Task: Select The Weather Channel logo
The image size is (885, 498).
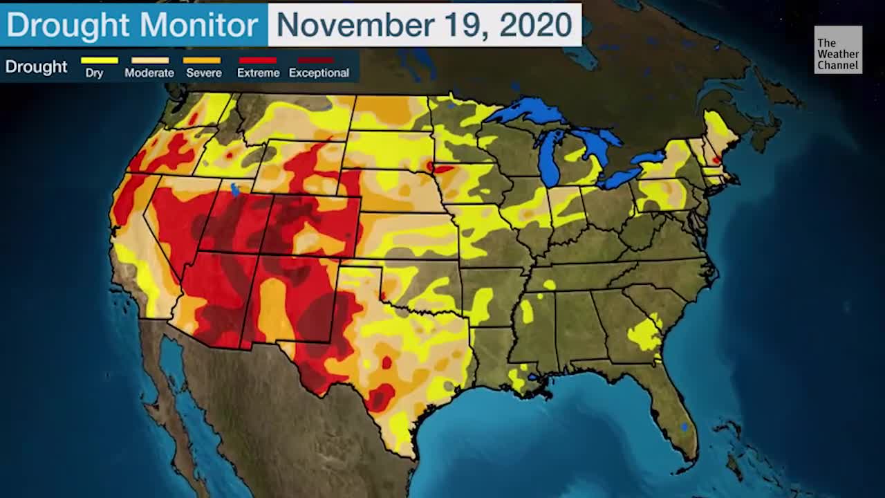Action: pos(838,50)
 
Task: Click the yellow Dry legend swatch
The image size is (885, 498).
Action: pos(100,61)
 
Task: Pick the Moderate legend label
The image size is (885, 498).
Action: pos(149,73)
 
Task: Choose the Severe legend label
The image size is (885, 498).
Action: pos(203,73)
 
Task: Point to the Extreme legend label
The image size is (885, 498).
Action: pos(258,73)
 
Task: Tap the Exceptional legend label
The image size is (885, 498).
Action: pos(319,73)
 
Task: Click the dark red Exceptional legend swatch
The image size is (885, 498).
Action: pos(315,61)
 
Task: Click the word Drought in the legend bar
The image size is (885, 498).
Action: pos(36,67)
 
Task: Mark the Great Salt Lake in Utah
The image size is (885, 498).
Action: pos(235,189)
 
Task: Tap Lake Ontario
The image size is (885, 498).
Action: pos(649,158)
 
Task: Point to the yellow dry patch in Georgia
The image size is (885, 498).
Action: pos(644,335)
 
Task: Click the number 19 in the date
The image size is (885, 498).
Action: pos(467,26)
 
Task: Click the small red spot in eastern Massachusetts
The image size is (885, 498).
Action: pos(717,160)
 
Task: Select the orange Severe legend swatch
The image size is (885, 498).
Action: pos(202,61)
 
